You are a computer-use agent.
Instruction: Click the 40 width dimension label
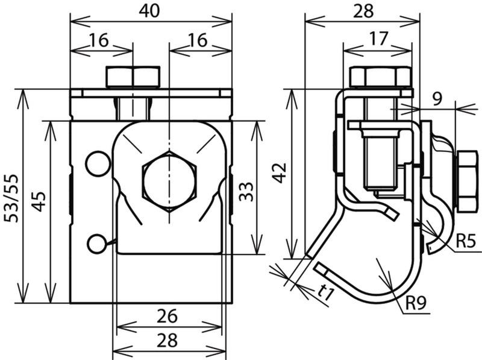149,11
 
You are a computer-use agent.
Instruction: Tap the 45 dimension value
39,202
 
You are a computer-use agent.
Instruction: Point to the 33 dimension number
246,192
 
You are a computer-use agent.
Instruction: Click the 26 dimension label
167,317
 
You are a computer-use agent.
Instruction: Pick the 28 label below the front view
167,341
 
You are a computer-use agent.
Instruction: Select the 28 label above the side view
363,11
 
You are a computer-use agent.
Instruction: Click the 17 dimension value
379,39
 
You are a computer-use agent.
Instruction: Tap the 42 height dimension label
280,173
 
